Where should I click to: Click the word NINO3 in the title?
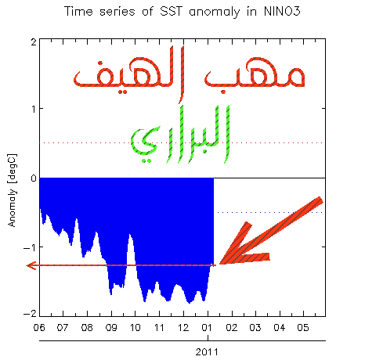[x=282, y=12]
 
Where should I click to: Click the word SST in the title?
[x=170, y=12]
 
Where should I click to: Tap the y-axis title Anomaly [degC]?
[x=12, y=190]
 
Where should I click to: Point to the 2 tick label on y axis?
[x=34, y=42]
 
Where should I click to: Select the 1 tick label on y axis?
[x=34, y=109]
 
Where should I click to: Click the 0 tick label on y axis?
[x=34, y=178]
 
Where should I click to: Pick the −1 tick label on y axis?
[x=30, y=247]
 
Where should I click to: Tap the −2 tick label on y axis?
[x=30, y=314]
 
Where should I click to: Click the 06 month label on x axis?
[x=39, y=327]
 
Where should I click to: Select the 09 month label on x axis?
[x=111, y=327]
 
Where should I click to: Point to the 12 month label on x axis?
[x=183, y=327]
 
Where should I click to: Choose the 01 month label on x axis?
[x=207, y=327]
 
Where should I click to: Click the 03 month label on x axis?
[x=255, y=327]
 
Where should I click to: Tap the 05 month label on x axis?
[x=303, y=327]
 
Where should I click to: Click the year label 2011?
[x=207, y=352]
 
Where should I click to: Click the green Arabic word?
[x=180, y=134]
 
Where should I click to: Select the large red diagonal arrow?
[x=271, y=231]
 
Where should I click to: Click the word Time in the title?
[x=78, y=12]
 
